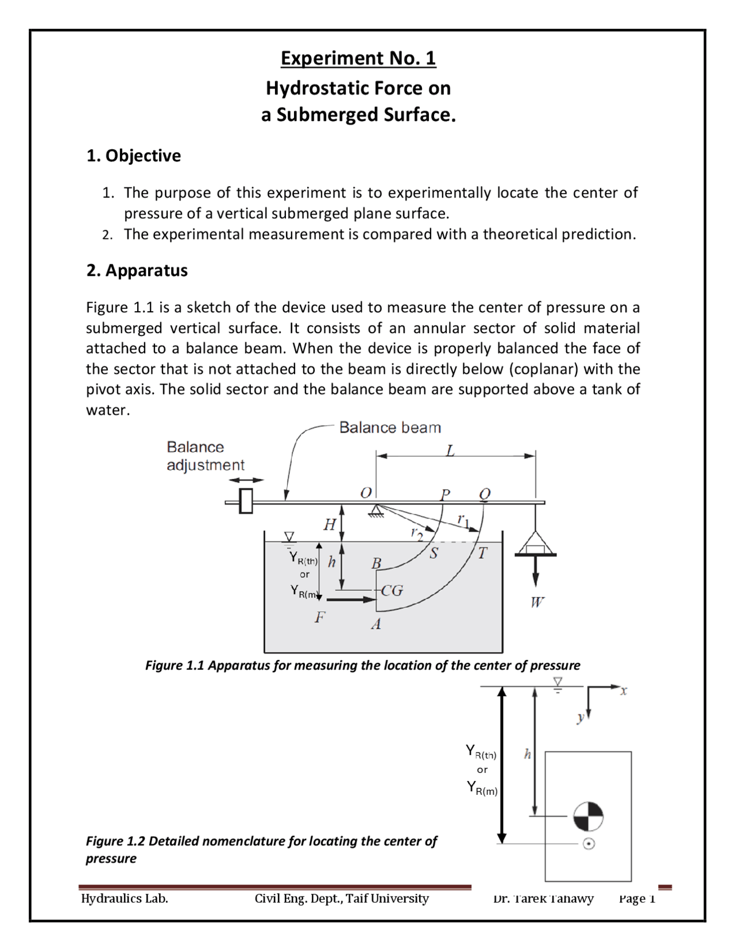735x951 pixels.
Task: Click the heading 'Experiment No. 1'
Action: pos(358,58)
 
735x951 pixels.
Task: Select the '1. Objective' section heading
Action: pos(133,156)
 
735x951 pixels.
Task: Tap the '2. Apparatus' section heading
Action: pos(137,270)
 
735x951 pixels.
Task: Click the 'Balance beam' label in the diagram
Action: pos(390,427)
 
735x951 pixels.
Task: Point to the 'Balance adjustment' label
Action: pos(205,456)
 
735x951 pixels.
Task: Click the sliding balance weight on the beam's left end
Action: pos(246,501)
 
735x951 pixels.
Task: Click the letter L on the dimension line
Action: pos(450,451)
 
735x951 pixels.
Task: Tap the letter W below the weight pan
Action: pos(537,602)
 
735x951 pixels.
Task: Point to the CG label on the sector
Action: pos(392,590)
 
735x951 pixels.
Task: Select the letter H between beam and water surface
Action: pos(330,524)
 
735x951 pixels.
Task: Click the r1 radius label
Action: pos(463,520)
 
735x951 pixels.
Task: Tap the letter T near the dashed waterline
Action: pos(482,553)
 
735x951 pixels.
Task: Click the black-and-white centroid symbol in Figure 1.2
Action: pos(589,816)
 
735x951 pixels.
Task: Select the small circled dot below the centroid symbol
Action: pos(589,844)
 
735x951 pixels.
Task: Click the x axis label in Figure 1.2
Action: pos(624,691)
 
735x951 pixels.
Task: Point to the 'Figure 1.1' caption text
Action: pos(362,665)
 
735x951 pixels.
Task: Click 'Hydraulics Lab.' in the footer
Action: pos(125,898)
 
